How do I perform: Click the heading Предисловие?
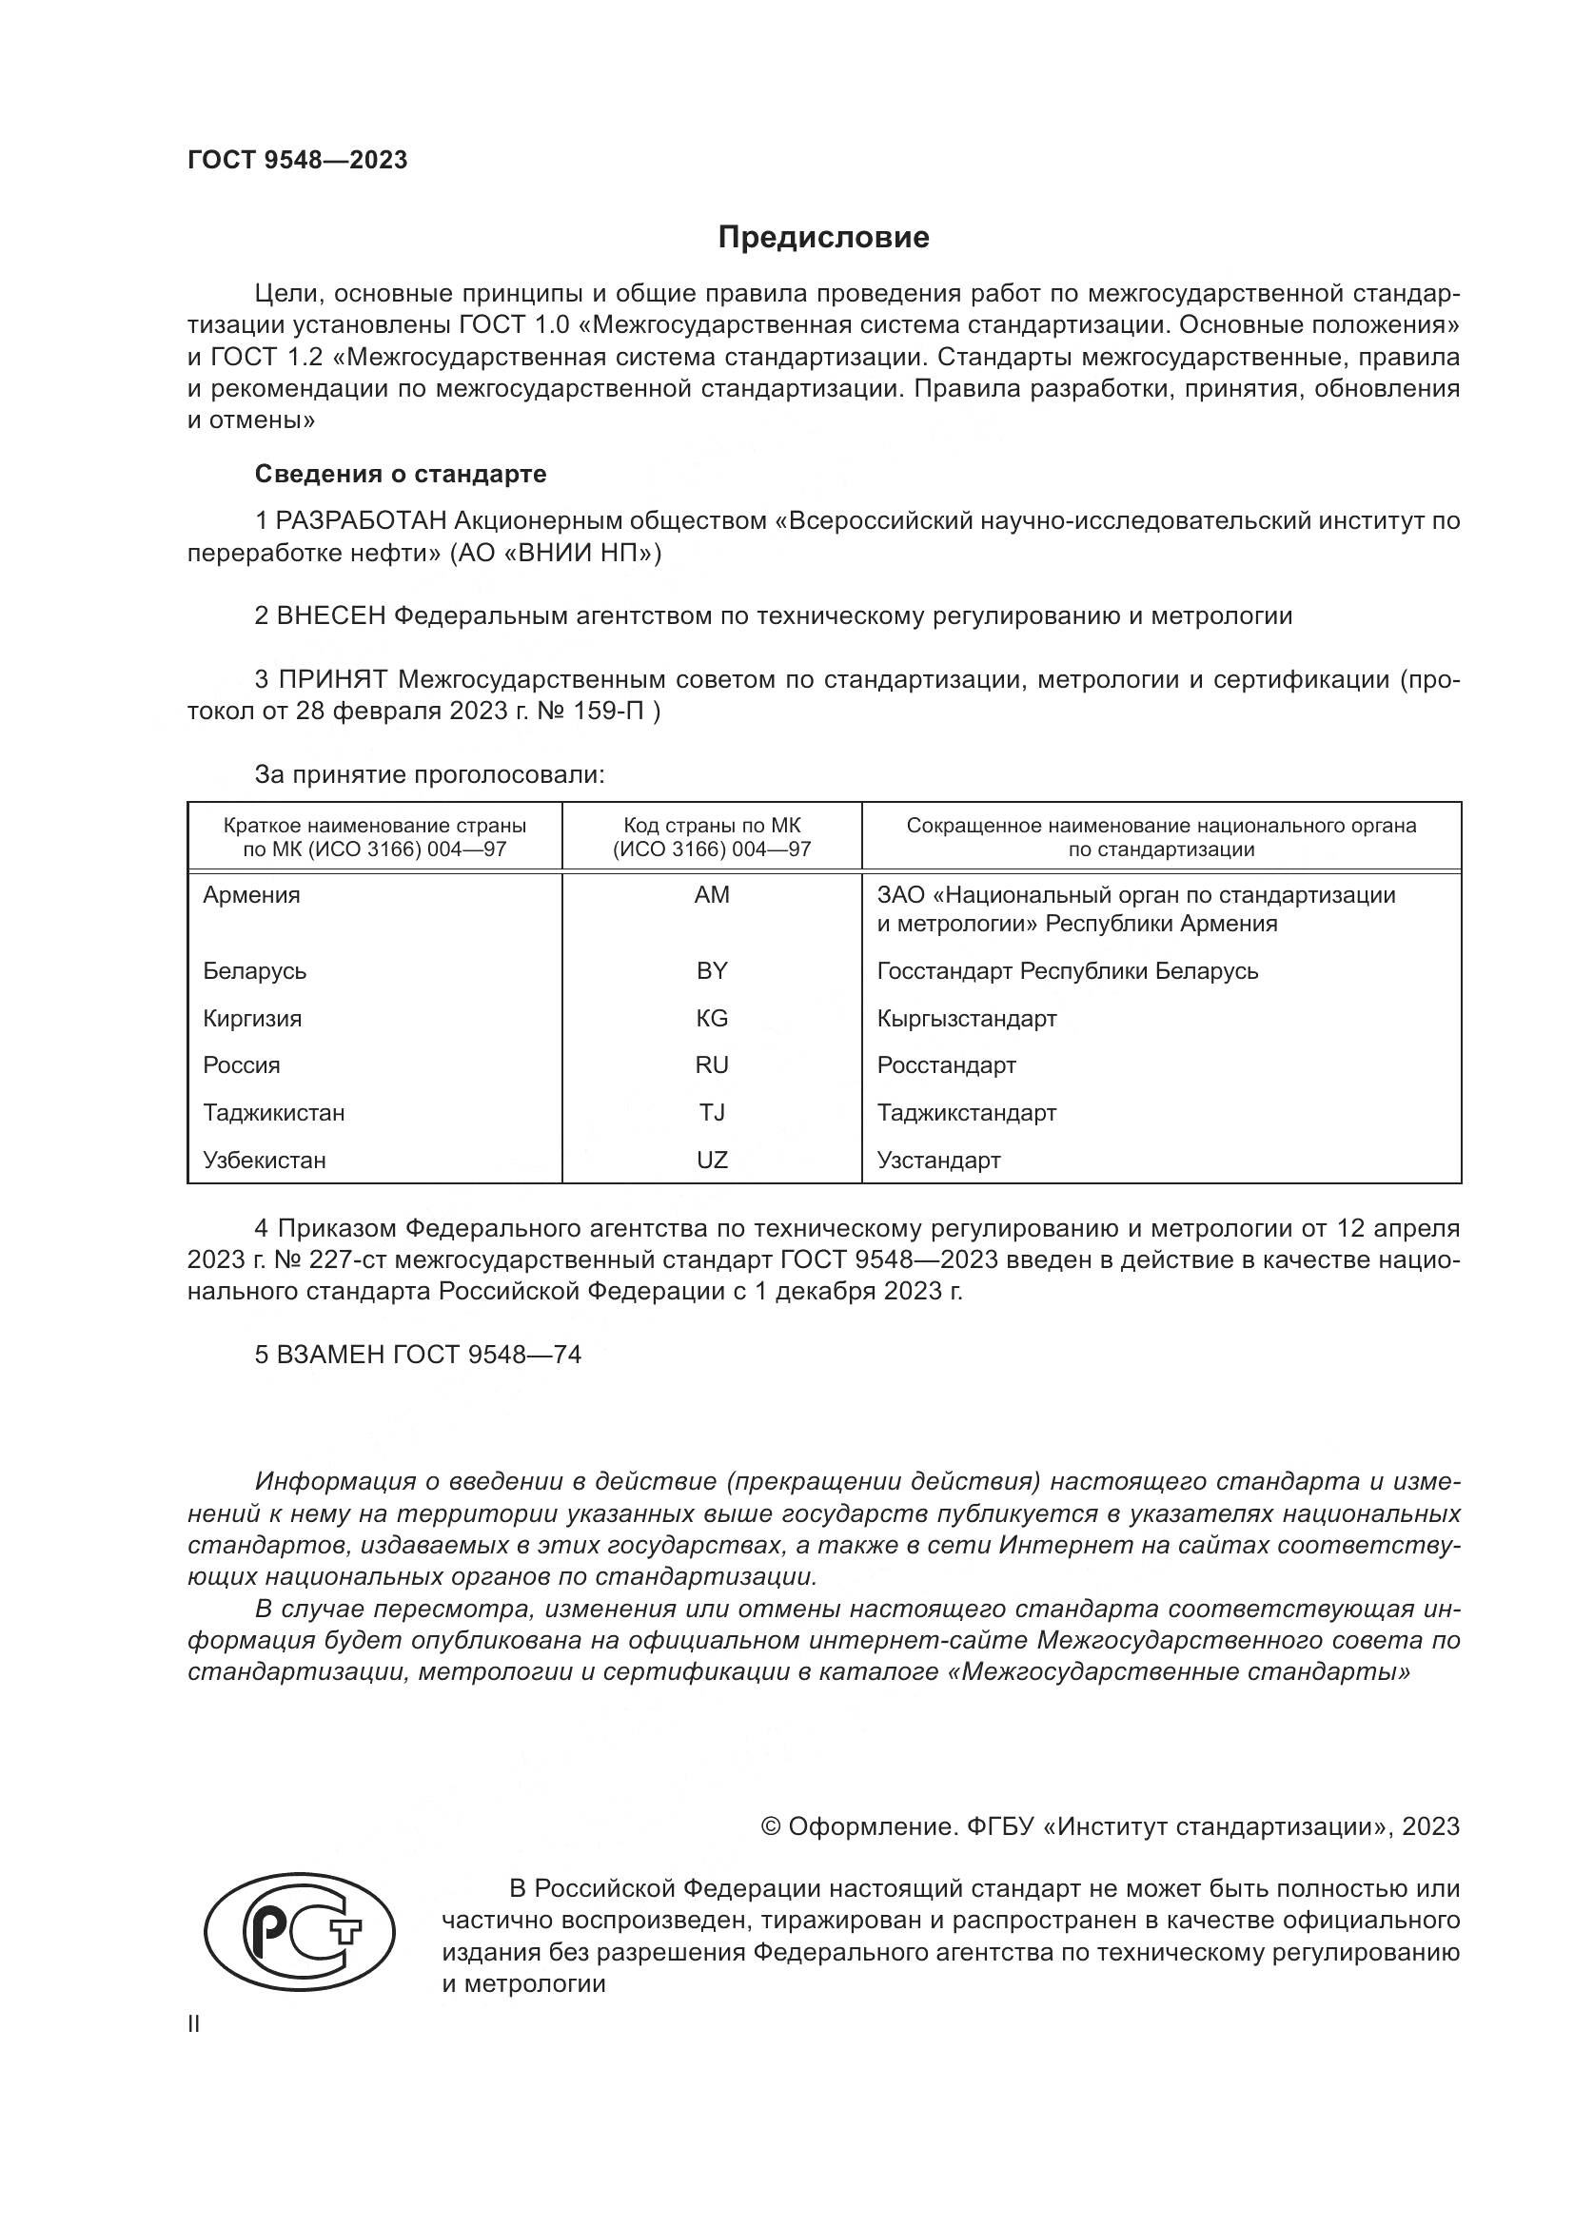823,238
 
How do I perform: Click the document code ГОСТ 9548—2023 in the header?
298,160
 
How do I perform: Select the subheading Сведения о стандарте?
401,474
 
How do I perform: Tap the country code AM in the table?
712,894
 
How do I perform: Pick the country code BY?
712,971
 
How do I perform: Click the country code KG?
712,1019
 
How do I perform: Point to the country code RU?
712,1065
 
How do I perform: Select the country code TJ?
712,1113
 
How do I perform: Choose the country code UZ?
712,1160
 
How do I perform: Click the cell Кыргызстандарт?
966,1019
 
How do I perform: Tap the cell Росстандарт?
946,1065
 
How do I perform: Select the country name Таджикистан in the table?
273,1113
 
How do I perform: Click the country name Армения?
251,894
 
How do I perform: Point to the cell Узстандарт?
938,1160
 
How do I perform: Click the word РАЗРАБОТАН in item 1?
362,521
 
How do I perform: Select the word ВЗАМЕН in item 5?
330,1355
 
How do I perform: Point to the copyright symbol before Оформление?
771,1826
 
